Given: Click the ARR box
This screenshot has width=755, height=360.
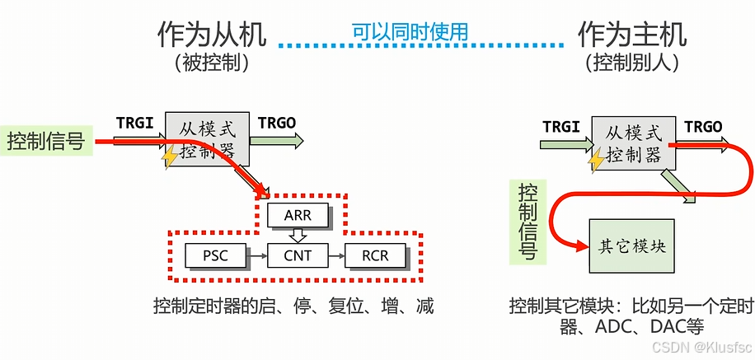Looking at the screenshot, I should tap(298, 216).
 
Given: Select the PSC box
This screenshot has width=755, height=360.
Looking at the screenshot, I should tap(215, 255).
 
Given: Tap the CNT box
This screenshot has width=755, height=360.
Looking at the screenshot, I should tap(298, 255).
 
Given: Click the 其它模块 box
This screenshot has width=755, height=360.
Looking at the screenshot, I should tap(631, 246).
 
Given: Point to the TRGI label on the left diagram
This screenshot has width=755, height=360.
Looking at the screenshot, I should tap(134, 123).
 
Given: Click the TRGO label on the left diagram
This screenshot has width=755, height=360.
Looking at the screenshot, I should tap(277, 123).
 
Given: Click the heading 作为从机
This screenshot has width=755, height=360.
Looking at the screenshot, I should tap(212, 34).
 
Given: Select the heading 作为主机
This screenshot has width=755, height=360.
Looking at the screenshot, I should tap(632, 34).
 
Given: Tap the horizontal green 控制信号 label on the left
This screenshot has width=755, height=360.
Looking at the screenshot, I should tap(45, 142).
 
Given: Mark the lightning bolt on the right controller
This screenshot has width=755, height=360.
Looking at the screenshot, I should tap(596, 161).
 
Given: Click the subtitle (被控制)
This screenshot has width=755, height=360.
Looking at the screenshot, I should tap(212, 63).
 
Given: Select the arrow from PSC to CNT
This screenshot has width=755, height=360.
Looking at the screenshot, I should tap(259, 256).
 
